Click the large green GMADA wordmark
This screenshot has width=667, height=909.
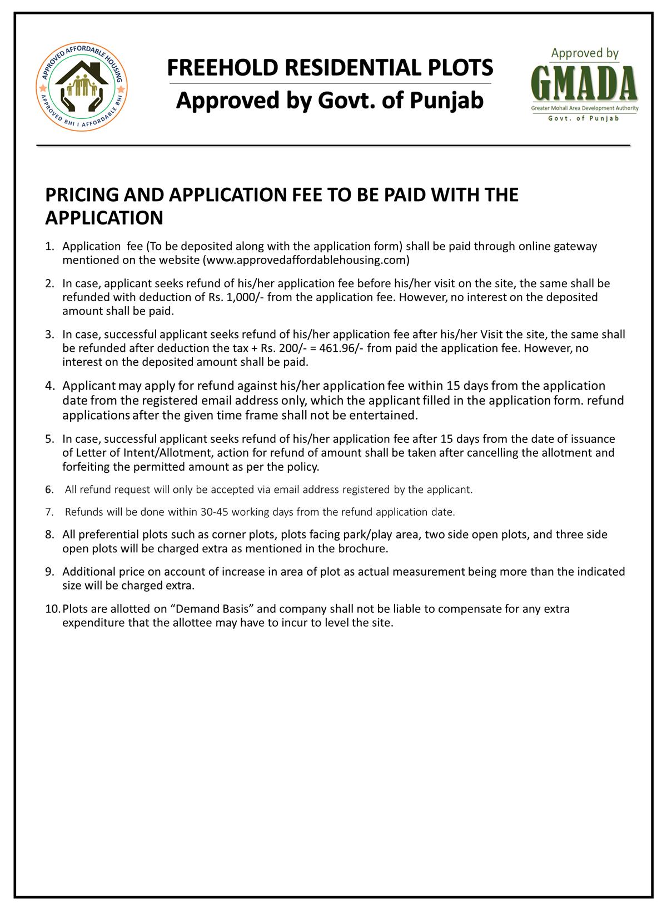point(584,84)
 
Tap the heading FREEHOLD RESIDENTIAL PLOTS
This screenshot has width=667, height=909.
point(330,68)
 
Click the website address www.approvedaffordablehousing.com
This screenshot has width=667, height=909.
point(306,260)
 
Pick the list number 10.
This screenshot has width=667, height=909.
point(53,609)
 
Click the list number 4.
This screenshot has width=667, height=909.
point(50,386)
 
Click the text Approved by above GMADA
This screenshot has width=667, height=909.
point(584,53)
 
